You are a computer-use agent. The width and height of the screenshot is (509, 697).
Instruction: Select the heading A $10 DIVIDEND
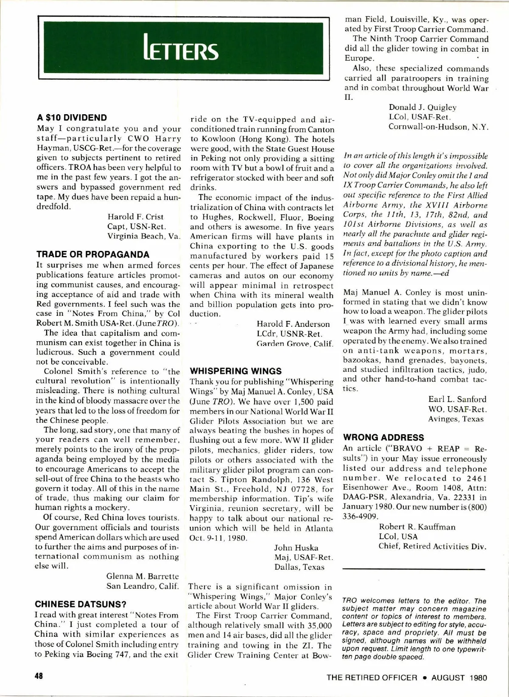[72, 118]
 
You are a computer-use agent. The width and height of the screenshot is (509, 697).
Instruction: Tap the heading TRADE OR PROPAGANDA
[93, 255]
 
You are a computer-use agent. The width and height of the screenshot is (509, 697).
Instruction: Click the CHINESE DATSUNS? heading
[81, 604]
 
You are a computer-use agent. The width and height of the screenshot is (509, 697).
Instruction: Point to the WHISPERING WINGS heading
[236, 371]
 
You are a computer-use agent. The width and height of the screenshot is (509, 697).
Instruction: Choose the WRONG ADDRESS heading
[383, 438]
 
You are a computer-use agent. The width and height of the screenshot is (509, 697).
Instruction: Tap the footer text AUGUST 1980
[459, 677]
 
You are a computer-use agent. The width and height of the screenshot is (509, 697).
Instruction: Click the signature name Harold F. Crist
[135, 217]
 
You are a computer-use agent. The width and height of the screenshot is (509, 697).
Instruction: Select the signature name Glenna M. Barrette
[143, 576]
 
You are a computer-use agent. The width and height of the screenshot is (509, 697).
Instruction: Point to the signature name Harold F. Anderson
[293, 324]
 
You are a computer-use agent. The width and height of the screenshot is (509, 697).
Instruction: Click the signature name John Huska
[296, 548]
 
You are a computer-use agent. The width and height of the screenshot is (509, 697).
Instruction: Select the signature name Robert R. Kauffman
[417, 527]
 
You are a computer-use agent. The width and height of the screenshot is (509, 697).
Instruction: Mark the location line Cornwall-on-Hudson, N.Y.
[439, 127]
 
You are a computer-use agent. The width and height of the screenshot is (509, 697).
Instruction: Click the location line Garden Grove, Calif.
[295, 343]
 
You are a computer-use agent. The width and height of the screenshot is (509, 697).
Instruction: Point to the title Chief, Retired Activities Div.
[432, 546]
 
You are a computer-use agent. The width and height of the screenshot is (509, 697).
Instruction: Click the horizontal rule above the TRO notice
[414, 569]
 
